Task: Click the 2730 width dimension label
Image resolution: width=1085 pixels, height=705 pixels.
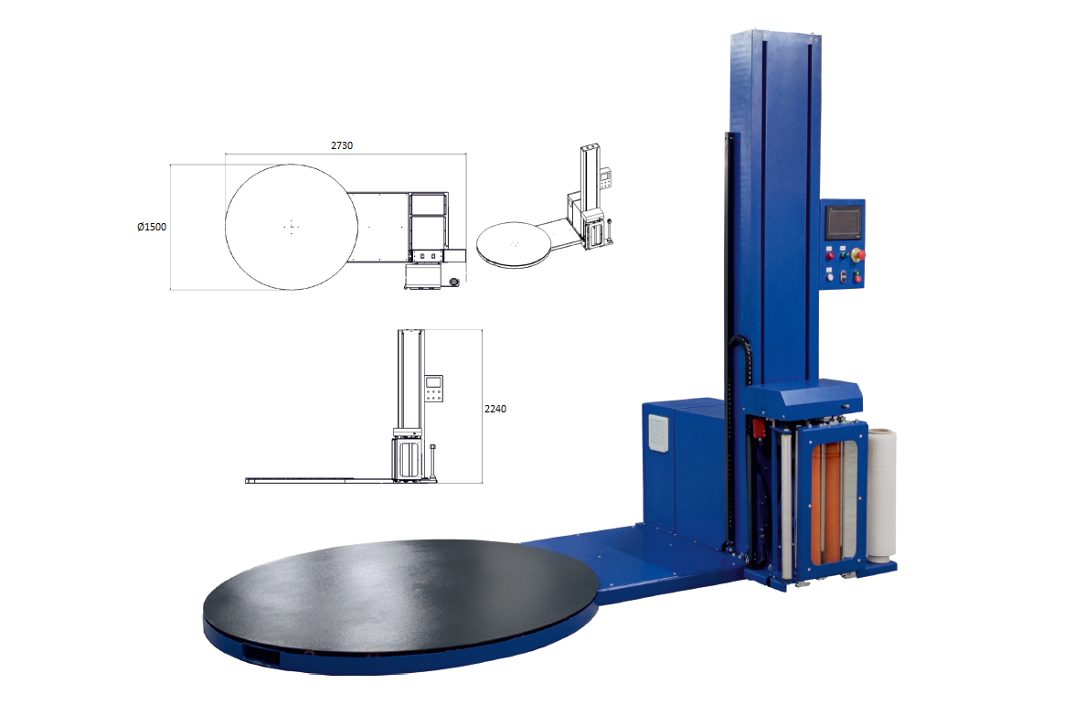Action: click(x=341, y=145)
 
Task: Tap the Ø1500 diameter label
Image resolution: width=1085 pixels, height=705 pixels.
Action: click(x=152, y=227)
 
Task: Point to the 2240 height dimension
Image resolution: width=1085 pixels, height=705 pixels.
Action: click(x=495, y=409)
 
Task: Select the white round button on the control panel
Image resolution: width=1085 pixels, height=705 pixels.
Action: click(x=830, y=276)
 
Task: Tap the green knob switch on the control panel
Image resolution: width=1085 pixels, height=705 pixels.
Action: click(x=845, y=255)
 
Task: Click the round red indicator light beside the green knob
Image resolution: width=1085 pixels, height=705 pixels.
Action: click(x=830, y=255)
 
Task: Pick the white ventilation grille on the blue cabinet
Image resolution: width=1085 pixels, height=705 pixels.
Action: click(x=658, y=433)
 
